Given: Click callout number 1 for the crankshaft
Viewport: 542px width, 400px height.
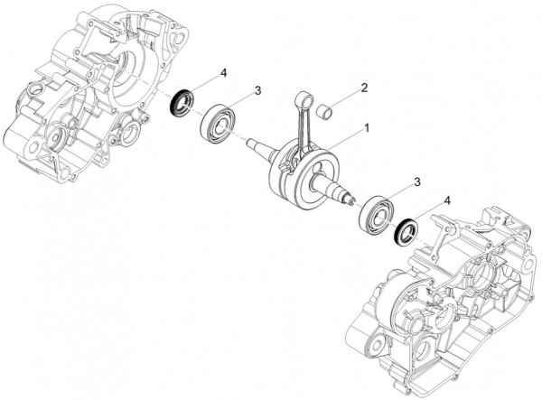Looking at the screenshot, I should [x=367, y=128].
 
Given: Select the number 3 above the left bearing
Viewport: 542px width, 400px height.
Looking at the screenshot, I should [x=257, y=90].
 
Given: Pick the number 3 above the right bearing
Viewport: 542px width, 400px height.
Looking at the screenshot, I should [x=416, y=182].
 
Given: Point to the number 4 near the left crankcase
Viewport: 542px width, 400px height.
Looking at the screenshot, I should [x=223, y=71].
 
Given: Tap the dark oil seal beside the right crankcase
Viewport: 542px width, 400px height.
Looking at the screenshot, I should [x=404, y=232].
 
